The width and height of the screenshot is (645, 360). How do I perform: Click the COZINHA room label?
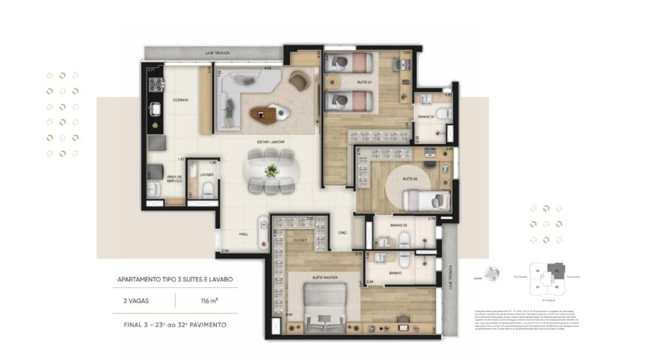(180, 100)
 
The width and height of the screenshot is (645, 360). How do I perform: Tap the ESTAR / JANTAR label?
(271, 142)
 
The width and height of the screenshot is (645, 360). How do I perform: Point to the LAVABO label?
(206, 175)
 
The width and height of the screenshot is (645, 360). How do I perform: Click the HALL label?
(244, 234)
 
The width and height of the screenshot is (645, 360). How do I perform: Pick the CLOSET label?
(299, 240)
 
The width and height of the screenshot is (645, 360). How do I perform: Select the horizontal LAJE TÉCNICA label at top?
(217, 53)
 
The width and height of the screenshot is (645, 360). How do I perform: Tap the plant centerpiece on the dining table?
(273, 170)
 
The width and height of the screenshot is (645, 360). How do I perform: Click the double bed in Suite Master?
(324, 305)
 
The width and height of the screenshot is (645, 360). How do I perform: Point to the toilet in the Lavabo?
(207, 190)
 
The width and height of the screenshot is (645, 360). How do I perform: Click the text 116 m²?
(206, 301)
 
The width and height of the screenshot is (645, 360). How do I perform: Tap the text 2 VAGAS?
(136, 301)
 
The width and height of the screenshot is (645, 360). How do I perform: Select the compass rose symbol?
(490, 275)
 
